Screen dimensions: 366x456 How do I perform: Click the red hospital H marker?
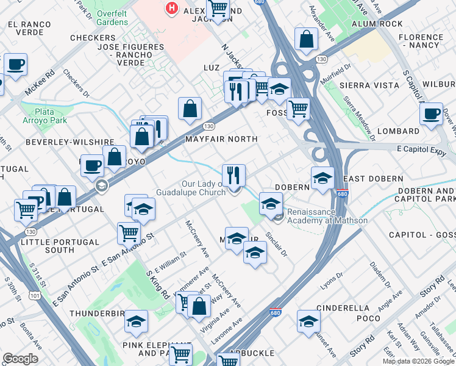pyautogui.click(x=173, y=9)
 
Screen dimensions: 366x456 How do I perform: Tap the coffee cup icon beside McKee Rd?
pyautogui.click(x=16, y=64)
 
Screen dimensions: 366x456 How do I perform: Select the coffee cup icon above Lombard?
pyautogui.click(x=431, y=113)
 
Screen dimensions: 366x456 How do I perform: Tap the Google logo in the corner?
pyautogui.click(x=20, y=359)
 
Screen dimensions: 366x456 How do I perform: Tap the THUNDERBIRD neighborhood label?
pyautogui.click(x=100, y=313)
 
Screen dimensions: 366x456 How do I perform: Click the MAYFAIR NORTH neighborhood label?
pyautogui.click(x=221, y=139)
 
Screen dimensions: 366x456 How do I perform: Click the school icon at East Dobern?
pyautogui.click(x=322, y=179)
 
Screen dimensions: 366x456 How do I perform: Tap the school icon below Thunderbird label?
pyautogui.click(x=137, y=321)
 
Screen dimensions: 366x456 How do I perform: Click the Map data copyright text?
pyautogui.click(x=419, y=361)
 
